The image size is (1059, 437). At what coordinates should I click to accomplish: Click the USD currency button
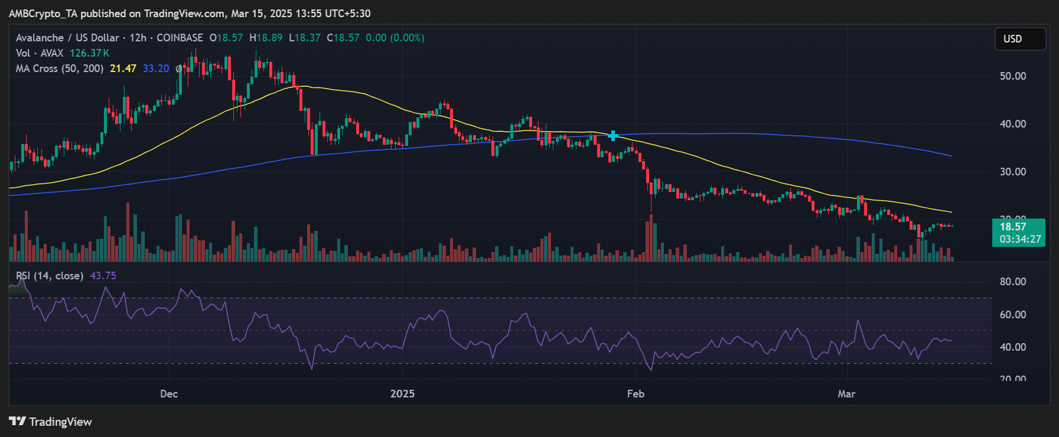(1020, 39)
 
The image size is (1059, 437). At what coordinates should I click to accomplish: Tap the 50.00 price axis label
(1012, 76)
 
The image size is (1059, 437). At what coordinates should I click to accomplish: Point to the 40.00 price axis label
(1012, 124)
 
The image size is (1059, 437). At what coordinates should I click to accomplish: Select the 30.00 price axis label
(1012, 172)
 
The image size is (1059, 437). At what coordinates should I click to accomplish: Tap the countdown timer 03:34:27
(1020, 239)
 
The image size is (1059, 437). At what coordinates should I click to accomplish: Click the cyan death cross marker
(613, 136)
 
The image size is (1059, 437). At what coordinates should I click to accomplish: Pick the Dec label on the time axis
(169, 394)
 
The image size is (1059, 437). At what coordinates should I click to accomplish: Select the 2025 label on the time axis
(402, 394)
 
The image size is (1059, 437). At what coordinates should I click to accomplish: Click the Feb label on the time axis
(636, 394)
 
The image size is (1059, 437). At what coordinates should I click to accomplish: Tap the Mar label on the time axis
(846, 394)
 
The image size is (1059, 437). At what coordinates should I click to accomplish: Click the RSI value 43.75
(103, 276)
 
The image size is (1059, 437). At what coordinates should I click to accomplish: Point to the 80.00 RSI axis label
(1012, 282)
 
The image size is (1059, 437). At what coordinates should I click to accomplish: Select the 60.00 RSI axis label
(1012, 315)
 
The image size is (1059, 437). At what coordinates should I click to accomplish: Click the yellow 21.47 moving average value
(123, 69)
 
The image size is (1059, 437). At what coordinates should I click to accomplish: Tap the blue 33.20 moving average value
(156, 69)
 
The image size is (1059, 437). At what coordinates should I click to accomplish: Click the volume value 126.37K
(89, 53)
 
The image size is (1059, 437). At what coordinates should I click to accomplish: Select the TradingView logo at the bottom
(51, 422)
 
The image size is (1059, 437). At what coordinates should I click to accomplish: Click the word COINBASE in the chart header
(180, 38)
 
